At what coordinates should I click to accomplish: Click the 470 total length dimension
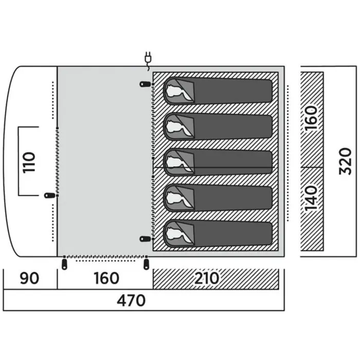(131, 300)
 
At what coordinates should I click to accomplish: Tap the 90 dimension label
(29, 278)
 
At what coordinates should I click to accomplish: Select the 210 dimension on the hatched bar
(207, 278)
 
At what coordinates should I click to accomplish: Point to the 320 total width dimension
(345, 161)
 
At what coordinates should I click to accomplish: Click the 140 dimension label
(311, 199)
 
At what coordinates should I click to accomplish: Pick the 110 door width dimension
(29, 162)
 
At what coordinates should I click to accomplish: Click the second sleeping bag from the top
(218, 127)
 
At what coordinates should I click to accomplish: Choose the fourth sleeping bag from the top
(218, 198)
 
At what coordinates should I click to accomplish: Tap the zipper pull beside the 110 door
(50, 195)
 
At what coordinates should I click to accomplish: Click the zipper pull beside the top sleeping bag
(145, 84)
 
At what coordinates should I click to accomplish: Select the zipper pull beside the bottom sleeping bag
(145, 239)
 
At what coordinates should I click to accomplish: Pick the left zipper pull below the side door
(64, 264)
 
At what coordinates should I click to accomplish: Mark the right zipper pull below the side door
(146, 264)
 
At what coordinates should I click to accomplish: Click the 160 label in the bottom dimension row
(106, 278)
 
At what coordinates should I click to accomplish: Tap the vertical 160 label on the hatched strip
(311, 118)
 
